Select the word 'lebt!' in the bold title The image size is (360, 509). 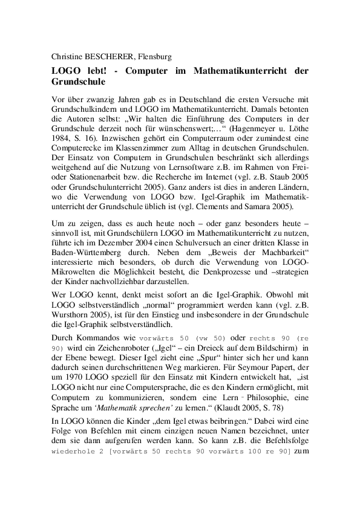90,70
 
